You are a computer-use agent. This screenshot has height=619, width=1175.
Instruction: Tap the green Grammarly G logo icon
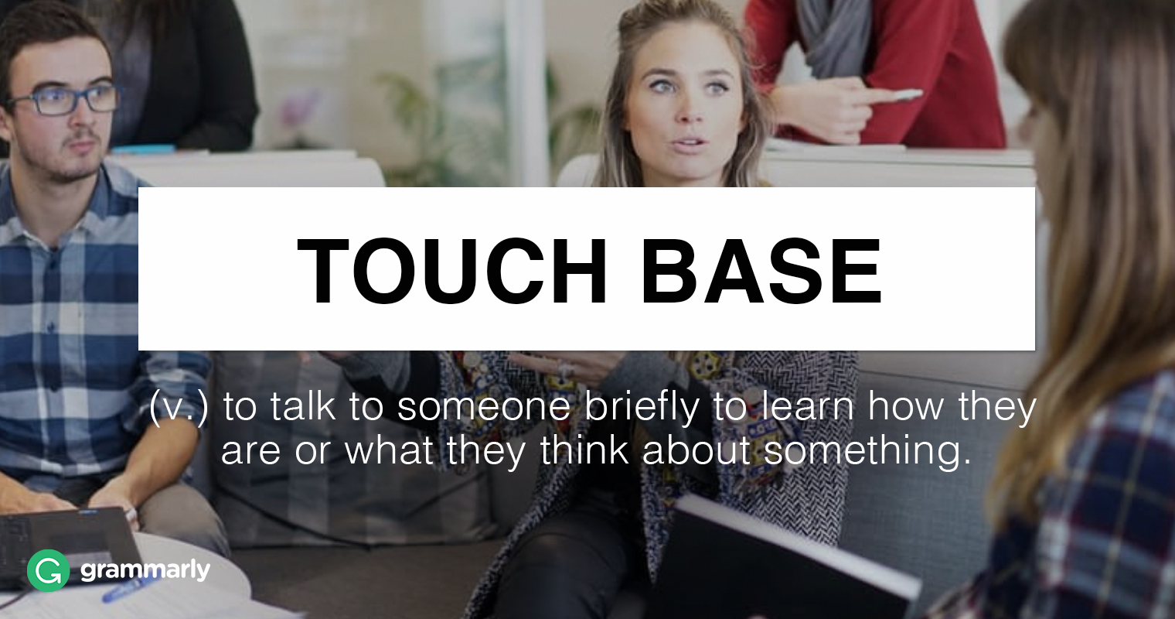[x=48, y=571]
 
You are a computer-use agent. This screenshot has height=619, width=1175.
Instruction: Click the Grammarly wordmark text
[x=145, y=571]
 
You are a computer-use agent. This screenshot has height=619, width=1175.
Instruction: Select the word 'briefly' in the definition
[x=641, y=407]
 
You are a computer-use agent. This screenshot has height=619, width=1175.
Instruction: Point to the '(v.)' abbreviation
[x=179, y=407]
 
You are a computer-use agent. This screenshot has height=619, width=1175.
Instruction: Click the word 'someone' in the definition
[x=484, y=407]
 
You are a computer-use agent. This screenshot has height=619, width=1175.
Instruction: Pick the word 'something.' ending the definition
[x=867, y=450]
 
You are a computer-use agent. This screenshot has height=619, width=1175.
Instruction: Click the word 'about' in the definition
[x=696, y=450]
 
